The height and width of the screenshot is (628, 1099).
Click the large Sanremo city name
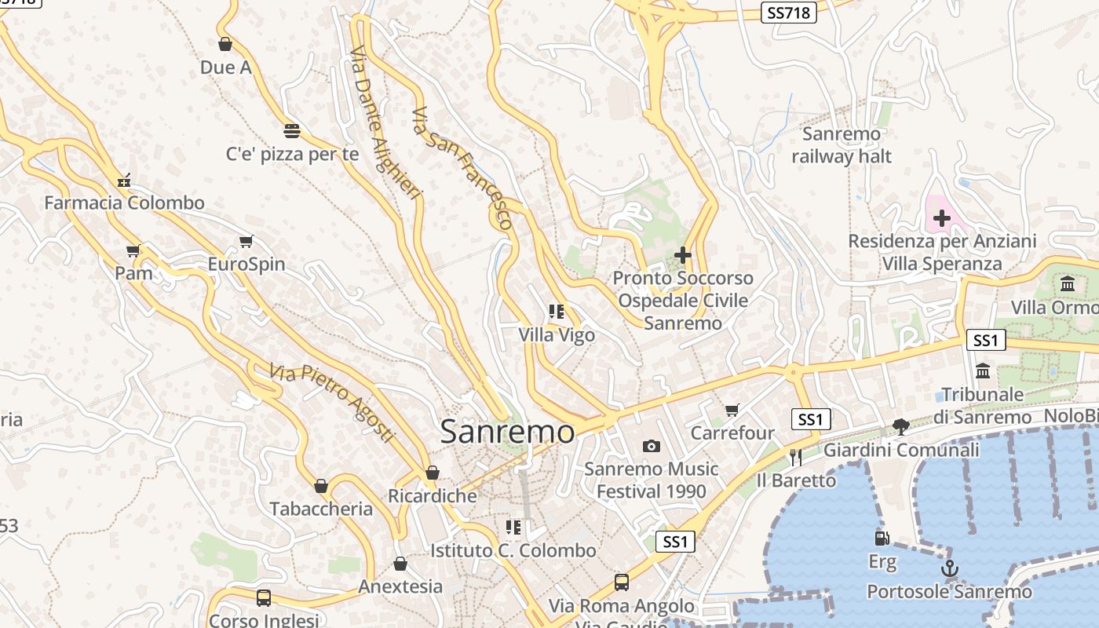507,432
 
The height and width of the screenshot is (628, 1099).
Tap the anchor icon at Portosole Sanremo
950,568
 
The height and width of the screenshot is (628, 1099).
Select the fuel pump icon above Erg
882,539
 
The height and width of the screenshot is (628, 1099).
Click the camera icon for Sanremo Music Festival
651,447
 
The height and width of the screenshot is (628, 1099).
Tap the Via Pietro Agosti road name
331,402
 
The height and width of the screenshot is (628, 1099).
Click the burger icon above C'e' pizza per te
292,130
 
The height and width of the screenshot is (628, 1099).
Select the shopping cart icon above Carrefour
732,410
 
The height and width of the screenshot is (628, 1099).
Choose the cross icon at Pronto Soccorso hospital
683,255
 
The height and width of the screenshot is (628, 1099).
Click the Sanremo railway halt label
842,145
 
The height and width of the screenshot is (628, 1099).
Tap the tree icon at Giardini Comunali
901,427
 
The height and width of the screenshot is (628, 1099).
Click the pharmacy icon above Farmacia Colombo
124,181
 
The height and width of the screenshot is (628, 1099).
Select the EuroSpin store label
246,264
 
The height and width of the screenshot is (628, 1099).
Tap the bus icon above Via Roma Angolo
622,582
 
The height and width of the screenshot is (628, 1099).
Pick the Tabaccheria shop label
321,509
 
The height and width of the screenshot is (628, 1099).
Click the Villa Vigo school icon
557,312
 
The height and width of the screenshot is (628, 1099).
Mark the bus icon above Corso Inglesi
264,598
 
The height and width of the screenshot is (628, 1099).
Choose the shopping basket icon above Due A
225,44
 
